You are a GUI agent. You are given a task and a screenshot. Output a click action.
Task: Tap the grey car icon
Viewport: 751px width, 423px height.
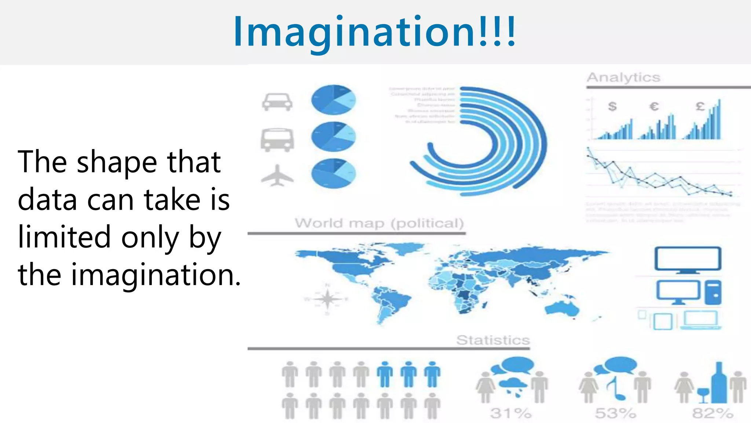(277, 102)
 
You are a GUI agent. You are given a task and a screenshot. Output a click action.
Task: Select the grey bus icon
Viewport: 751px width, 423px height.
(277, 140)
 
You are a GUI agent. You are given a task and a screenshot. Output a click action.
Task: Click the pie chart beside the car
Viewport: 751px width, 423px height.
(333, 100)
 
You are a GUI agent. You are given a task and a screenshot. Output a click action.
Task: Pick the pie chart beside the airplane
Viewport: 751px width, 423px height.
(333, 173)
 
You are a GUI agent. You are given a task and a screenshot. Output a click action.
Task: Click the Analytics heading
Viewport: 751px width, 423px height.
(623, 77)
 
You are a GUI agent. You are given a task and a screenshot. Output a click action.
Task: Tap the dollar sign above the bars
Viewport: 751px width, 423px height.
(612, 106)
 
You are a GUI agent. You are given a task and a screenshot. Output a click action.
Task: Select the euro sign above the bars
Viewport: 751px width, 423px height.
(654, 106)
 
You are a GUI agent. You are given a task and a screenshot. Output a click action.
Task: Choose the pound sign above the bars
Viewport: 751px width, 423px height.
(700, 106)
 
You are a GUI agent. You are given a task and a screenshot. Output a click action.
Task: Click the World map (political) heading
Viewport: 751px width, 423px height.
(379, 223)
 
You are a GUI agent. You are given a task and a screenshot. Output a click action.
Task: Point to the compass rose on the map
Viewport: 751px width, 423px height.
(327, 299)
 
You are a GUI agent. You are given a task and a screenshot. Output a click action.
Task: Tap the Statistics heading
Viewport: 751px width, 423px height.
(493, 340)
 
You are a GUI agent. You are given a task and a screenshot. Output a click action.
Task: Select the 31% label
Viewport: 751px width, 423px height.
(511, 413)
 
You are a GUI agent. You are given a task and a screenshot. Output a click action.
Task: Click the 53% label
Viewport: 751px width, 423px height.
(615, 413)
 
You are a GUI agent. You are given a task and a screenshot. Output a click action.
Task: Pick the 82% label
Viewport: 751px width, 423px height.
(713, 413)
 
